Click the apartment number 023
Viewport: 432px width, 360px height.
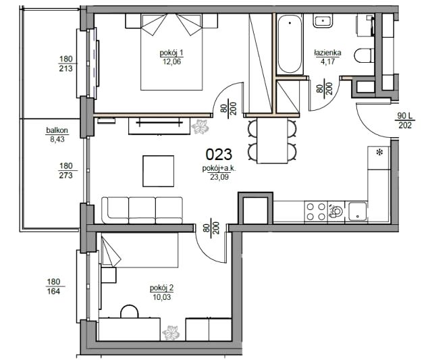pyautogui.click(x=219, y=155)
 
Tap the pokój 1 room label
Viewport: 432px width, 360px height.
pyautogui.click(x=171, y=53)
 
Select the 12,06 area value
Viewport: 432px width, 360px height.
pyautogui.click(x=171, y=61)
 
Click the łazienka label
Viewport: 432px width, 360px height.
pyautogui.click(x=327, y=53)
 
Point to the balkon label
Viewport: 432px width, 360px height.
pyautogui.click(x=57, y=130)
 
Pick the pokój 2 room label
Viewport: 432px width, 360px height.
pyautogui.click(x=161, y=288)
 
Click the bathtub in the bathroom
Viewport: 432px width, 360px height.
pyautogui.click(x=290, y=44)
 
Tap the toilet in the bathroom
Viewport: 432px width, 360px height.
pyautogui.click(x=364, y=55)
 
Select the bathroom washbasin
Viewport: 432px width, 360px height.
pyautogui.click(x=323, y=21)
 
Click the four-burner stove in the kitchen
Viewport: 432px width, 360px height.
pyautogui.click(x=316, y=211)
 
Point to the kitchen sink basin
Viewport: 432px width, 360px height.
pyautogui.click(x=357, y=211)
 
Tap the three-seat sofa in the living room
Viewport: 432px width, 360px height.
pyautogui.click(x=142, y=210)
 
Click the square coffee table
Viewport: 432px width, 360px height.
pyautogui.click(x=158, y=171)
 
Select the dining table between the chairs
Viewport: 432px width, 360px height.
pyautogui.click(x=272, y=140)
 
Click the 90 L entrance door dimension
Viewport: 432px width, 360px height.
pyautogui.click(x=404, y=116)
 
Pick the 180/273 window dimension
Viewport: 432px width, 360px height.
pyautogui.click(x=66, y=170)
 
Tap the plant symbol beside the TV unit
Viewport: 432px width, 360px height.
pyautogui.click(x=200, y=127)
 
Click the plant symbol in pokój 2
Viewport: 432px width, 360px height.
pyautogui.click(x=171, y=333)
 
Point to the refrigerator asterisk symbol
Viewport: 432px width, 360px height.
pyautogui.click(x=379, y=151)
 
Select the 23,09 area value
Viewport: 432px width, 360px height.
pyautogui.click(x=219, y=177)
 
